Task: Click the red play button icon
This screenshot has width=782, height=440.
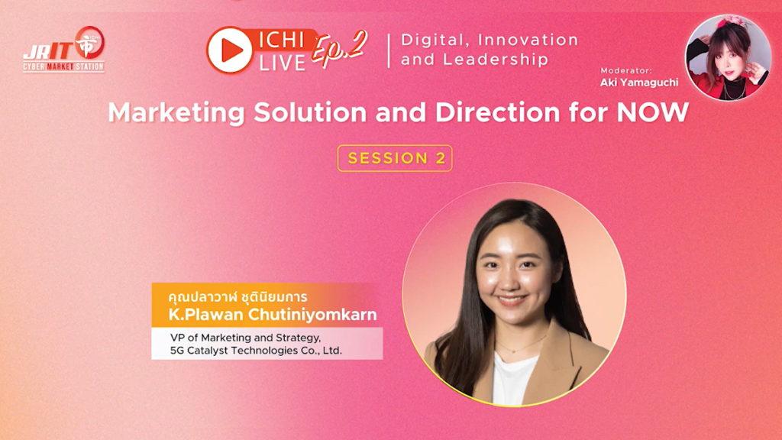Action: pyautogui.click(x=229, y=50)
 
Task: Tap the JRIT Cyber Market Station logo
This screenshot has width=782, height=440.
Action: pyautogui.click(x=64, y=49)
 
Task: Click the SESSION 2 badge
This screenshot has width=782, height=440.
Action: pyautogui.click(x=395, y=158)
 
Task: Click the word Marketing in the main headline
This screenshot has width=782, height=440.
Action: pyautogui.click(x=176, y=113)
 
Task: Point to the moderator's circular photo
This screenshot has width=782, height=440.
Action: pyautogui.click(x=728, y=57)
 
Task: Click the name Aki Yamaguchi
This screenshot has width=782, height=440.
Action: pyautogui.click(x=639, y=82)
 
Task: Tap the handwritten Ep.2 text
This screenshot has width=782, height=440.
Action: pyautogui.click(x=339, y=48)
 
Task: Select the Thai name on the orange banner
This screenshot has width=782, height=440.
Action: pyautogui.click(x=238, y=297)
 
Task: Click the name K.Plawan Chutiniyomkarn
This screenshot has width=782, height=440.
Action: pyautogui.click(x=273, y=314)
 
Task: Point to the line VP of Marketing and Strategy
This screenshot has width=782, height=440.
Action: pyautogui.click(x=245, y=338)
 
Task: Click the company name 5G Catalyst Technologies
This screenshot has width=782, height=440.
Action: pyautogui.click(x=234, y=350)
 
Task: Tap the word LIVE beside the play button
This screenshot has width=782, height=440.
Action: pyautogui.click(x=283, y=63)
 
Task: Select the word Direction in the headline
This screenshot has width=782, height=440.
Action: pyautogui.click(x=498, y=112)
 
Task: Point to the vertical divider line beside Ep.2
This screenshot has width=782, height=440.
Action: pyautogui.click(x=389, y=50)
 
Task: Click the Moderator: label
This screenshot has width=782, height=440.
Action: pyautogui.click(x=626, y=70)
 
